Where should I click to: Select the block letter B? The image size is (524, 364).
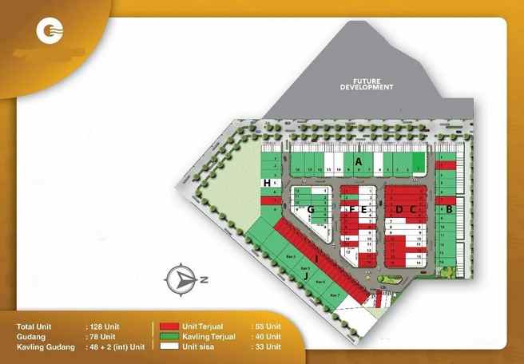[449, 209]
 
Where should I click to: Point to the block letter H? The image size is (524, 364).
[266, 184]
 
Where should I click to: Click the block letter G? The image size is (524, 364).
[311, 210]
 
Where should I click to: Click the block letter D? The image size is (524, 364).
[398, 209]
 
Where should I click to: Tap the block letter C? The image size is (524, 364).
[413, 209]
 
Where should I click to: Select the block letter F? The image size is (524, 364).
[352, 209]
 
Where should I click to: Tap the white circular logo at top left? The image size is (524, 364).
[51, 34]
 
